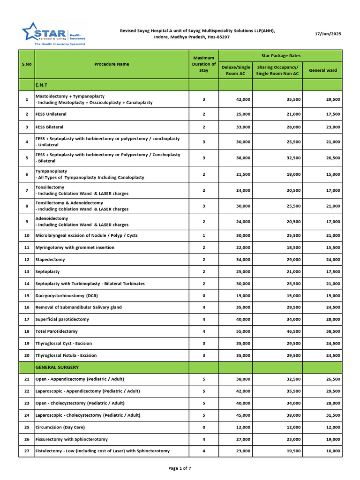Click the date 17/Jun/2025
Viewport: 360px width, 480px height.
[x=328, y=34]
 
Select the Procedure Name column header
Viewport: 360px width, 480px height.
[x=112, y=64]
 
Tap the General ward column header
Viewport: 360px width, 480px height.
[x=322, y=70]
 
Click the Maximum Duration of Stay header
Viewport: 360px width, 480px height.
[x=204, y=64]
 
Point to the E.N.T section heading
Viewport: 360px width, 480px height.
[x=41, y=85]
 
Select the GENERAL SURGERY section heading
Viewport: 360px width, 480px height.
[x=57, y=367]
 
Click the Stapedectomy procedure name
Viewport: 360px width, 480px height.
[x=51, y=259]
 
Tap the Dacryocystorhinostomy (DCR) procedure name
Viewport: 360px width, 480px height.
[x=67, y=295]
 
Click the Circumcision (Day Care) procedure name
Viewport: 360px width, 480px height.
[x=60, y=427]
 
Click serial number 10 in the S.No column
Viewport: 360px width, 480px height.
[x=26, y=235]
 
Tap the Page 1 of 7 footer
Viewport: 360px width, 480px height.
[x=180, y=468]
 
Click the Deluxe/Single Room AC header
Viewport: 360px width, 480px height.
[x=235, y=70]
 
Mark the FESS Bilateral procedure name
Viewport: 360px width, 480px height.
[x=49, y=127]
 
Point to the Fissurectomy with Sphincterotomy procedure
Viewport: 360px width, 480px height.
[x=71, y=439]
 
